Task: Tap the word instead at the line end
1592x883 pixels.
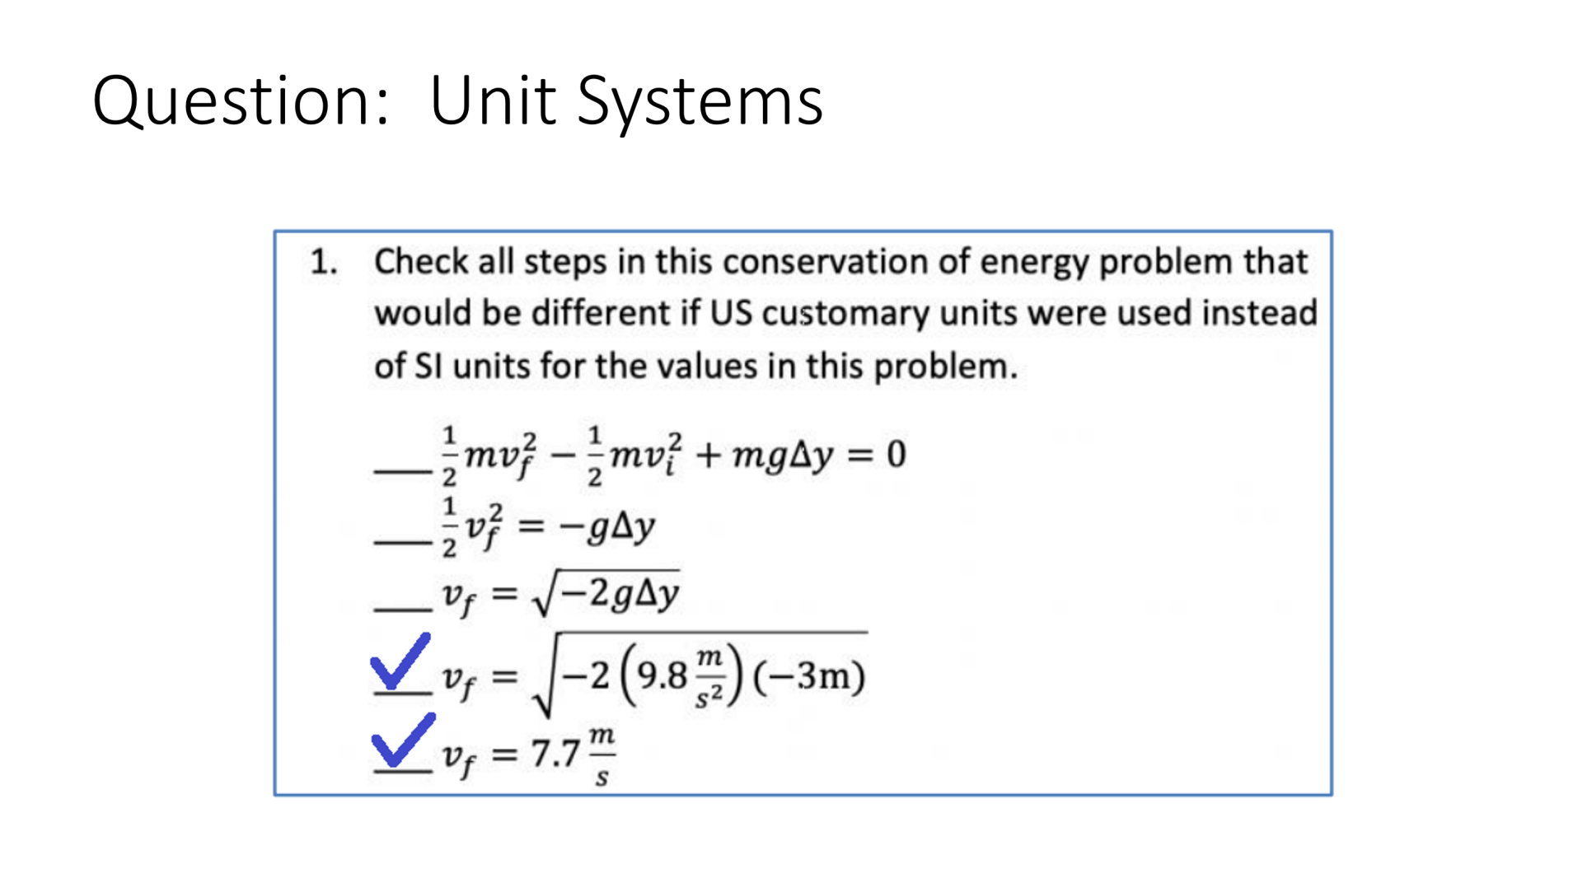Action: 1259,314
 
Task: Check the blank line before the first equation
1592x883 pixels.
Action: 402,470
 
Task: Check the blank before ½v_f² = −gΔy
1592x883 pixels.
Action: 402,541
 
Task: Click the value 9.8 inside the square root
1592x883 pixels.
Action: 662,676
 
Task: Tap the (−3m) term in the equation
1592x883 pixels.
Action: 808,676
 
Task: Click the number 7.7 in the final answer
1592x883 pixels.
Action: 555,754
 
